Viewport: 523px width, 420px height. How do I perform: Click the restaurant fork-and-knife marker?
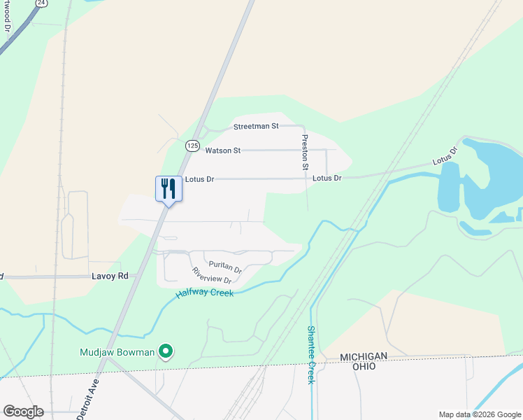click(x=169, y=188)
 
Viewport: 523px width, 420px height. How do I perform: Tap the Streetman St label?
click(x=256, y=127)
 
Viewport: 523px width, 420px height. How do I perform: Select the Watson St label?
click(x=222, y=150)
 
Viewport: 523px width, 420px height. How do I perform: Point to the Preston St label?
click(x=305, y=153)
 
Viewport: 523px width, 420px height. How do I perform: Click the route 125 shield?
click(x=192, y=146)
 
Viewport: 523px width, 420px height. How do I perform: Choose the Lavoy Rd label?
click(x=110, y=276)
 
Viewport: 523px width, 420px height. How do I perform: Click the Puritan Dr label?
click(x=225, y=268)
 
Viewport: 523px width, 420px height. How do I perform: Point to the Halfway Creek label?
click(x=204, y=293)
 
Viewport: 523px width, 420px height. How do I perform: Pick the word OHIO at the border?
click(x=363, y=366)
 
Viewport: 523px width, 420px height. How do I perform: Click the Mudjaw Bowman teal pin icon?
click(x=166, y=351)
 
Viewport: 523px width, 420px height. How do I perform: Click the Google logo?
click(x=23, y=412)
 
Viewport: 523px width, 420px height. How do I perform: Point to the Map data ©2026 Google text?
click(x=479, y=414)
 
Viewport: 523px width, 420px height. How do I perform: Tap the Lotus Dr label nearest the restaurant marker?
click(x=199, y=179)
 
